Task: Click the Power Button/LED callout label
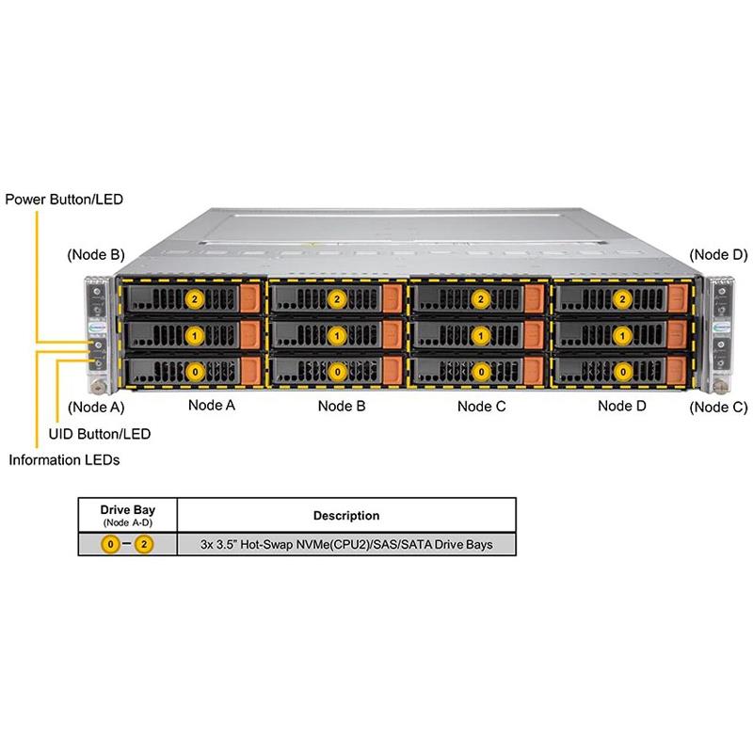64,200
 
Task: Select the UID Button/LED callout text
99,434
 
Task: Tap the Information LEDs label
64,460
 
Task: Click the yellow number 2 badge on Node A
195,298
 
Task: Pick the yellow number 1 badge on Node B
337,334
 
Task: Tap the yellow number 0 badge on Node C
481,371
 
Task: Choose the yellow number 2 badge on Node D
622,298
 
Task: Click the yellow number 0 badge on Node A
195,371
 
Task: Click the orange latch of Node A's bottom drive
250,370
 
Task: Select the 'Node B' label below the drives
342,406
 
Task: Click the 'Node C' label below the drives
481,406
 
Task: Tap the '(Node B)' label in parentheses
95,254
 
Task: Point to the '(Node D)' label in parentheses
718,254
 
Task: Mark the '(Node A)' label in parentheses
95,408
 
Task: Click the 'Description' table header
346,516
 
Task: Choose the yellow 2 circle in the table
143,545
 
